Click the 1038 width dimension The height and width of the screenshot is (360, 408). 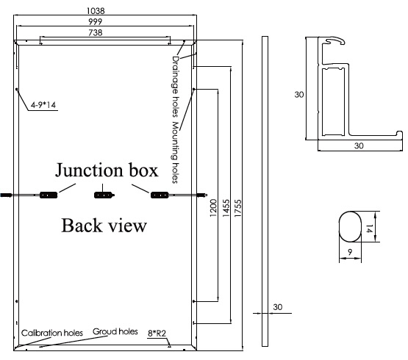(x=96, y=11)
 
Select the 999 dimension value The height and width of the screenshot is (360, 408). (x=96, y=21)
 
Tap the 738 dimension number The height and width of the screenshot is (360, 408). (x=96, y=33)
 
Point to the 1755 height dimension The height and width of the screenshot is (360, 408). (x=238, y=209)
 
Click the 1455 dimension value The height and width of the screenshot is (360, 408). (x=226, y=209)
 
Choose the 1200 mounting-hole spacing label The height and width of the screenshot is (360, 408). (x=213, y=208)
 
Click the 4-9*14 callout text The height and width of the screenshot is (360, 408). (x=43, y=105)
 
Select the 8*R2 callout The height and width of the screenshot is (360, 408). (x=157, y=334)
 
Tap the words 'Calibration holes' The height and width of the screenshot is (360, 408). (x=51, y=333)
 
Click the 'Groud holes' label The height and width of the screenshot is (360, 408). (x=115, y=331)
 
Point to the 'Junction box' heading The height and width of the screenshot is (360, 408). (x=107, y=170)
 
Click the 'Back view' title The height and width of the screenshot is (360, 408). (x=104, y=226)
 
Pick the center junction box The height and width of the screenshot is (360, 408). (x=104, y=195)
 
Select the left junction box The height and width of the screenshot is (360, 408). (x=49, y=195)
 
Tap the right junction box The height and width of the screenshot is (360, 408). (x=160, y=195)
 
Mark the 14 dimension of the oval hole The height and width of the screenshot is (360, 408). (x=369, y=230)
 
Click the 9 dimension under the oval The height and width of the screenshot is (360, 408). (x=350, y=252)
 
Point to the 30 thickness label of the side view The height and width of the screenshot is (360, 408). (x=278, y=307)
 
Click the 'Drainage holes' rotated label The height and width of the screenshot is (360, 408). (x=176, y=86)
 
